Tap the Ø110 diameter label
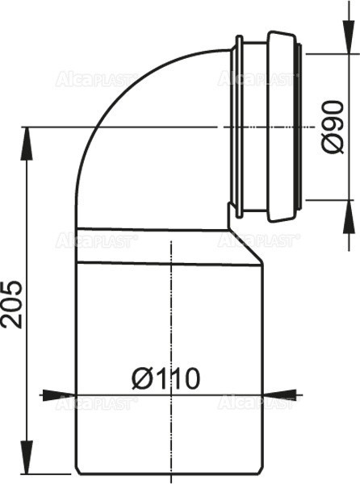(x=167, y=377)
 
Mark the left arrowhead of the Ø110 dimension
(x=52, y=395)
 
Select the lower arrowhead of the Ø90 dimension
(x=348, y=210)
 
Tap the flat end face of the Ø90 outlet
(x=304, y=127)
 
